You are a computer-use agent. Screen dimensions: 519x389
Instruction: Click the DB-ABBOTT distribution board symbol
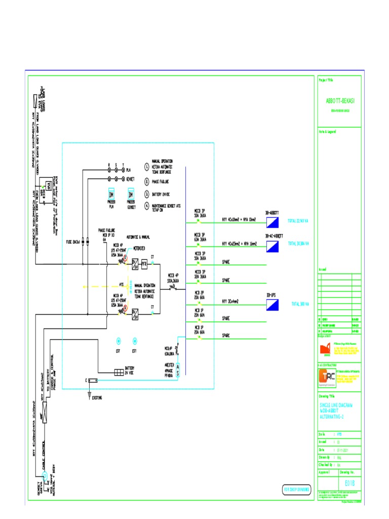click(x=273, y=223)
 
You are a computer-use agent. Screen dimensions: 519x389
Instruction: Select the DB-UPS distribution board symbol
click(x=273, y=304)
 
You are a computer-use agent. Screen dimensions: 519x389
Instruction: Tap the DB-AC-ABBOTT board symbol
click(x=273, y=246)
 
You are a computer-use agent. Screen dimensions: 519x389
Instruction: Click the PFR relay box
click(x=144, y=265)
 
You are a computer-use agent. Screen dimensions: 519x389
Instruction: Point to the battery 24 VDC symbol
click(x=118, y=372)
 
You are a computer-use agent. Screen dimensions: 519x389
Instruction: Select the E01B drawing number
click(x=349, y=483)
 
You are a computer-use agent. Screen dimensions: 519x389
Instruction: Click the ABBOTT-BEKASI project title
click(x=340, y=101)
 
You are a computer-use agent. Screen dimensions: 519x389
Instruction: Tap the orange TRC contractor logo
click(x=324, y=376)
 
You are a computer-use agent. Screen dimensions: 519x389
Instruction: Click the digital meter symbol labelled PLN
click(x=111, y=195)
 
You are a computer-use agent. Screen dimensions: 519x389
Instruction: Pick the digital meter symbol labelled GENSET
click(x=131, y=195)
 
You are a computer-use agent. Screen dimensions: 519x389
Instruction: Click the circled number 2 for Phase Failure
click(x=146, y=180)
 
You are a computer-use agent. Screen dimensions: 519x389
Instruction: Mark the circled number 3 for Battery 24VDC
click(x=146, y=194)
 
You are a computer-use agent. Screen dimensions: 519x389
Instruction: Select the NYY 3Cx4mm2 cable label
click(x=230, y=301)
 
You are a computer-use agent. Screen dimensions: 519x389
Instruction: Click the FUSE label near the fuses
click(x=72, y=242)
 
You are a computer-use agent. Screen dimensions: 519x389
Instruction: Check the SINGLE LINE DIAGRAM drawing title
click(x=335, y=411)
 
